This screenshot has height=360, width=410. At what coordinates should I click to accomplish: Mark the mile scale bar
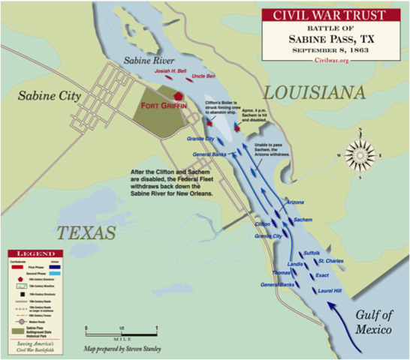(x=122, y=328)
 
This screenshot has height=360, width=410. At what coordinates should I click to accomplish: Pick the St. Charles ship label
(x=330, y=261)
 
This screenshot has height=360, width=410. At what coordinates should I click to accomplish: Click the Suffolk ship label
(x=311, y=253)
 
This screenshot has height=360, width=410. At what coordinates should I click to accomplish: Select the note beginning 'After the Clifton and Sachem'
(x=170, y=183)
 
